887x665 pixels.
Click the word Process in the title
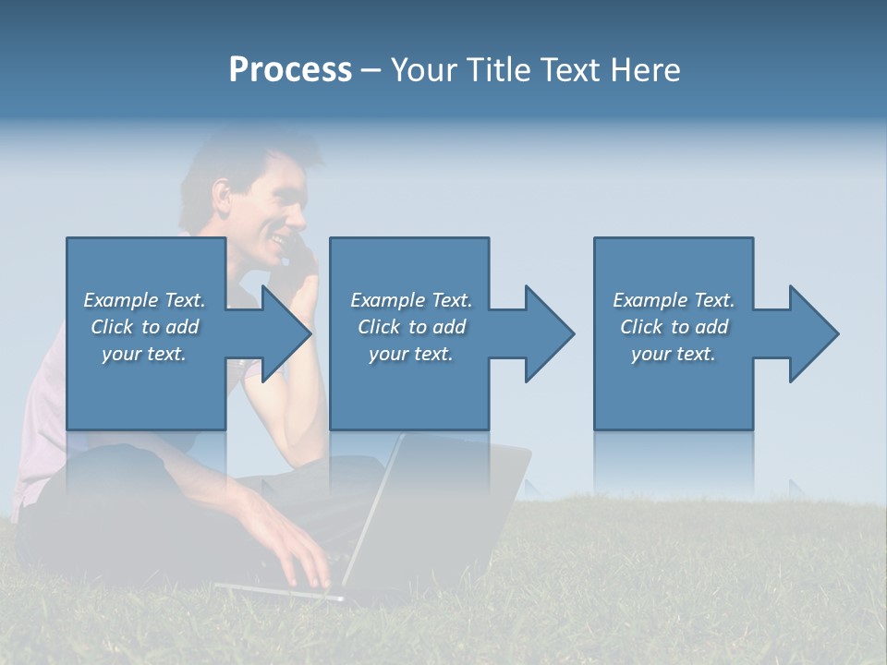click(290, 70)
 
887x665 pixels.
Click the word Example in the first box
click(120, 300)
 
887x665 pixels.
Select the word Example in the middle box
click(387, 300)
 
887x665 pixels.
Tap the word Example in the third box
click(650, 300)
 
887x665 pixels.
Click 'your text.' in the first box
click(144, 354)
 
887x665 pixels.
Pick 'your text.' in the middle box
click(411, 354)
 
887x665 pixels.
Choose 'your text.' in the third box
click(674, 354)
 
